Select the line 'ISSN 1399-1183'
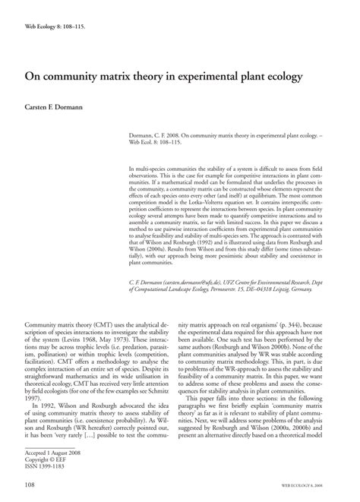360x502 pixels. click(46, 465)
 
